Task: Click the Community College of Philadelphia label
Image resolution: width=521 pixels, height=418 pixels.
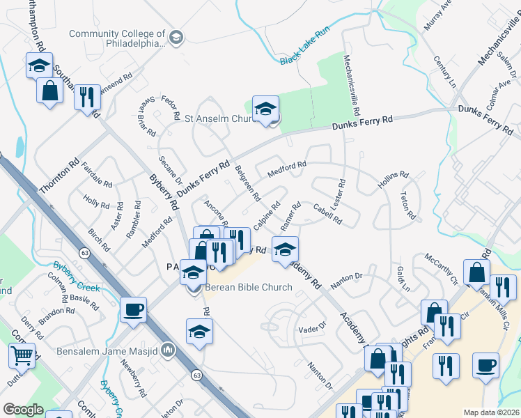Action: click(x=117, y=38)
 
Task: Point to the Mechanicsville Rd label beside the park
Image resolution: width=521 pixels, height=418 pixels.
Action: click(x=350, y=86)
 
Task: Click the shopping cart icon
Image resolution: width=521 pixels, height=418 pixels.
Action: click(x=22, y=356)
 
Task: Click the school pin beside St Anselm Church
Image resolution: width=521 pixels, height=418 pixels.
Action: click(x=265, y=109)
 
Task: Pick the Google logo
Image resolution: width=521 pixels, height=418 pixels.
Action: click(x=23, y=410)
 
